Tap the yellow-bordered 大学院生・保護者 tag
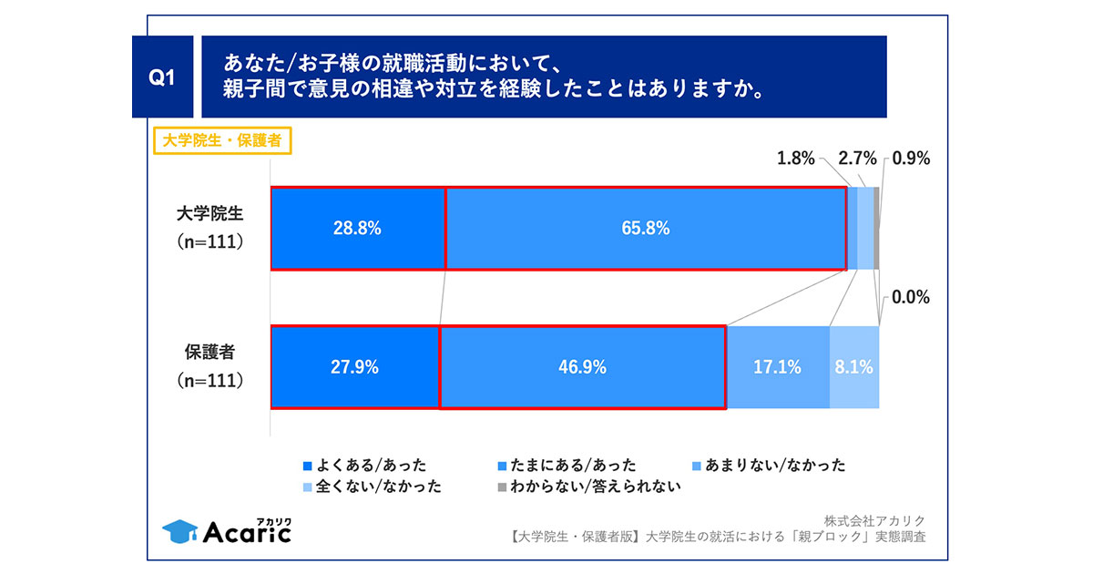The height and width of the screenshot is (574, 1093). click(220, 142)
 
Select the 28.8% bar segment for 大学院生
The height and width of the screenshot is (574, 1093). click(358, 229)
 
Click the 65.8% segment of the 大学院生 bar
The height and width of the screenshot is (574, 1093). click(646, 229)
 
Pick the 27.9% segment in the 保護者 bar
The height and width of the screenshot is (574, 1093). click(355, 367)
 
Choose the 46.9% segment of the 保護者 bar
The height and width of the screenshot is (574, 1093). click(582, 367)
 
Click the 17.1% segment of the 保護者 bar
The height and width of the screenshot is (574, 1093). click(778, 367)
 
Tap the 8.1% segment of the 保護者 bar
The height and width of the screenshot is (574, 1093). click(854, 367)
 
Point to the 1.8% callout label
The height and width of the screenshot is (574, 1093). click(795, 159)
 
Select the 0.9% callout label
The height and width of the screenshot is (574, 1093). click(911, 159)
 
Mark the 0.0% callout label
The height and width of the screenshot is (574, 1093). click(910, 297)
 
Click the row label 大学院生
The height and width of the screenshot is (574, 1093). click(210, 216)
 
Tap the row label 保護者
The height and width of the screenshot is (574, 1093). click(210, 354)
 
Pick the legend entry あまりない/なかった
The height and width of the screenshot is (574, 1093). click(771, 465)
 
